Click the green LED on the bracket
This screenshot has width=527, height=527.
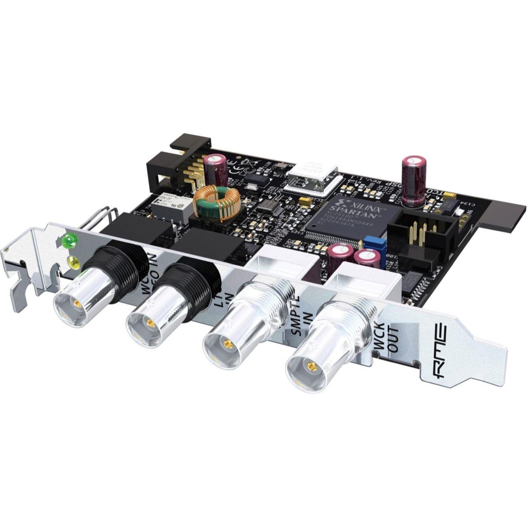pos(69,240)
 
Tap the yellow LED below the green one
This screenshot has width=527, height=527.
pos(73,263)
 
